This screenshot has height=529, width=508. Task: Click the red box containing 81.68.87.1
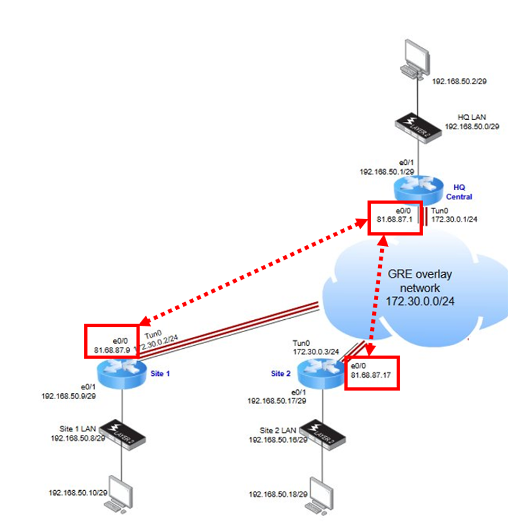[x=395, y=217]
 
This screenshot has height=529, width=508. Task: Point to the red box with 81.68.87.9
[x=111, y=341]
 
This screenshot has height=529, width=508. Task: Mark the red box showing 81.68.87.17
[x=371, y=372]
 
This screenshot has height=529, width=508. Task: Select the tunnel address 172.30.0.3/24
[x=317, y=351]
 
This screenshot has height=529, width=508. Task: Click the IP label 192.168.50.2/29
[x=459, y=81]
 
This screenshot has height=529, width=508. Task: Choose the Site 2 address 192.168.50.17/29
[x=276, y=400]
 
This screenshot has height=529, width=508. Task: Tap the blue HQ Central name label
[x=462, y=192]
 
